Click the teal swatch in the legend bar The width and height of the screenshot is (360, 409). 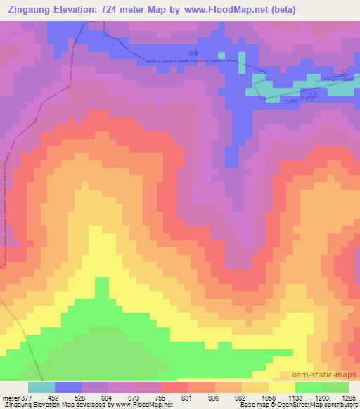(42, 387)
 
